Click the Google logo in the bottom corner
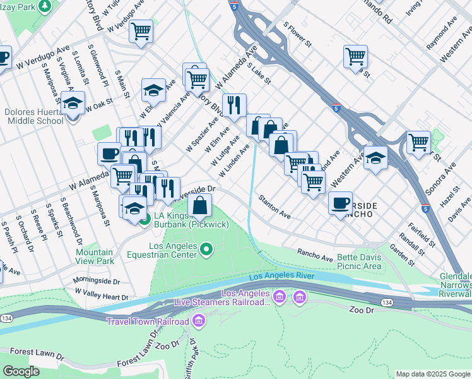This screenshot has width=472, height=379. point(21,371)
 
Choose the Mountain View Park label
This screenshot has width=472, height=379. point(95,256)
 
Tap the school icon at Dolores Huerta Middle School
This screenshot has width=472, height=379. point(73,103)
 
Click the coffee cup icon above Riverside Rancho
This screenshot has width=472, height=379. point(340,203)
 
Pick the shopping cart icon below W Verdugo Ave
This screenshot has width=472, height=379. point(141,30)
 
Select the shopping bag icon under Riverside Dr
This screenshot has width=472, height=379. point(200,205)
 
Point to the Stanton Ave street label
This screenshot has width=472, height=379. point(274,207)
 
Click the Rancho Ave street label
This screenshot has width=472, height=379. point(315,254)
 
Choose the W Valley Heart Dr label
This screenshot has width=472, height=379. point(101,294)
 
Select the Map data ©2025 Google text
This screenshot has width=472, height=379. point(432,374)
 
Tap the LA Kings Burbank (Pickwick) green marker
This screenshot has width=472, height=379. point(145,220)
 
